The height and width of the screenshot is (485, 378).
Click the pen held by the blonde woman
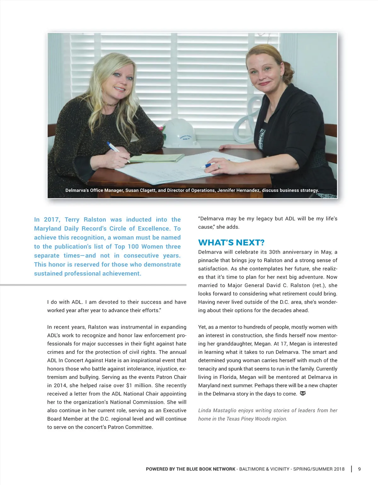coord(118,151)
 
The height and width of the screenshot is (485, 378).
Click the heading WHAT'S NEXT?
coord(231,242)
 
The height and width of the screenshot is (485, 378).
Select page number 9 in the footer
coord(359,469)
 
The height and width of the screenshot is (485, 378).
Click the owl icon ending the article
coord(303,394)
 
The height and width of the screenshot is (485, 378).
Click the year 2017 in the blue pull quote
coord(52,219)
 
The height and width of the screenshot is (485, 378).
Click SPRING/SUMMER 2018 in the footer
coord(319,469)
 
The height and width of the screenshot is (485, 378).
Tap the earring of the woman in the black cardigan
coord(253,84)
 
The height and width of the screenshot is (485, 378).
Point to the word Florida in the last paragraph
coord(226,377)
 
